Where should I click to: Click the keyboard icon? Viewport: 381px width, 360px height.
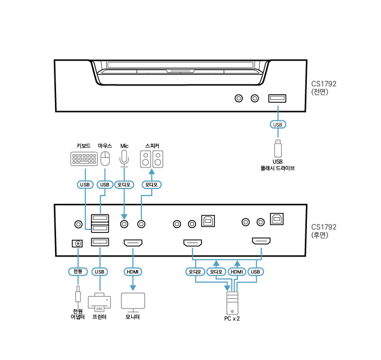click(x=84, y=159)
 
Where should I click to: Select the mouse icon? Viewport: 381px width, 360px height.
click(x=105, y=159)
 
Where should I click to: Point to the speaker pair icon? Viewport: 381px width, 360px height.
click(x=152, y=160)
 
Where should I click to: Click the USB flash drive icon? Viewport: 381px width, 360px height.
click(x=278, y=148)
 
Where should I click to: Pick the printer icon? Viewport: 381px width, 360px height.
click(x=99, y=302)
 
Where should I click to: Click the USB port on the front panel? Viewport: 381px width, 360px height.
click(x=277, y=99)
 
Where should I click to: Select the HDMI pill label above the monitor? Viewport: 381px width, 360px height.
click(x=133, y=271)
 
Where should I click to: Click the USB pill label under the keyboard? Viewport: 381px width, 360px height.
click(x=84, y=185)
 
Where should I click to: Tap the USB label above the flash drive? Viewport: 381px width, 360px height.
click(x=278, y=125)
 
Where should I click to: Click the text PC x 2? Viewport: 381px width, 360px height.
click(x=232, y=319)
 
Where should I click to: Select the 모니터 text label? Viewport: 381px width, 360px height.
click(x=133, y=316)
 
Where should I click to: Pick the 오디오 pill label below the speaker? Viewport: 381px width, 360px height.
click(x=151, y=185)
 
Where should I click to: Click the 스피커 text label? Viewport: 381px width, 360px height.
click(x=152, y=145)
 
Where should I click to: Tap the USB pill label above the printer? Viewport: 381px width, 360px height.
click(x=99, y=271)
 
